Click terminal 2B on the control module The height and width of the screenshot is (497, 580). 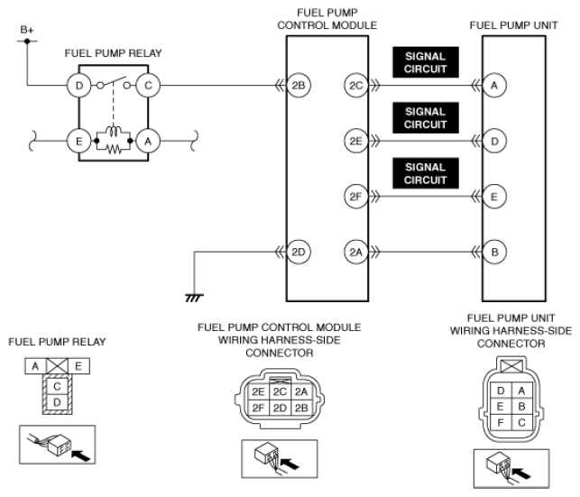tap(299, 86)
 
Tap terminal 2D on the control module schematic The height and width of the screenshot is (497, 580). tap(299, 252)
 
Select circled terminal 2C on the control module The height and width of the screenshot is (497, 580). tap(355, 86)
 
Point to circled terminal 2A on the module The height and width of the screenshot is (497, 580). tap(355, 252)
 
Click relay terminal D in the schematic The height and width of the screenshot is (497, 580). tap(78, 86)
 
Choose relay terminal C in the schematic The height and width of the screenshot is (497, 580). tap(148, 86)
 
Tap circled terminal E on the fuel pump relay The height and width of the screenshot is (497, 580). tap(78, 141)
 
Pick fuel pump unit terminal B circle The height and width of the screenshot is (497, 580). tap(494, 252)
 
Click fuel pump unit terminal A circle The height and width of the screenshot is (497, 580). tap(494, 86)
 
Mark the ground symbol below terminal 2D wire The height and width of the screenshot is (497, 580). tap(194, 298)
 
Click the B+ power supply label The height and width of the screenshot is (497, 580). tap(27, 30)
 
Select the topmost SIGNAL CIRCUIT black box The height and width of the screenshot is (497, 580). tap(426, 62)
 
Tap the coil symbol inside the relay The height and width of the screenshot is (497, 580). tap(114, 131)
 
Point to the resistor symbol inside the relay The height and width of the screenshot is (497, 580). tap(114, 149)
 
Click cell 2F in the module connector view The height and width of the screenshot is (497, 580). tap(258, 408)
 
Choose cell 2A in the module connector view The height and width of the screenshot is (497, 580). tap(301, 391)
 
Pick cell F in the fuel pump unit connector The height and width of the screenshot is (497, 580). tap(501, 422)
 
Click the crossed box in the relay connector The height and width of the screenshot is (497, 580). tap(57, 366)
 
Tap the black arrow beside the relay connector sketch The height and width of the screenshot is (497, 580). tap(80, 456)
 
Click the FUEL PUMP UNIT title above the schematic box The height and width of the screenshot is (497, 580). tap(513, 25)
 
